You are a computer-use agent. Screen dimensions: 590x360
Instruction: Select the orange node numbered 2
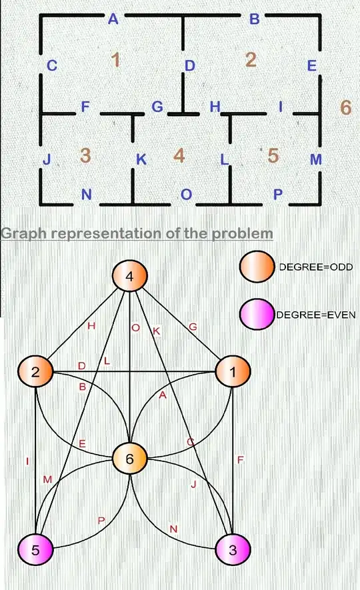coord(36,371)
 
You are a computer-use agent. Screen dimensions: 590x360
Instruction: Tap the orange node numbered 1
coord(232,371)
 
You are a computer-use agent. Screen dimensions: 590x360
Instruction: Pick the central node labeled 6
coord(129,458)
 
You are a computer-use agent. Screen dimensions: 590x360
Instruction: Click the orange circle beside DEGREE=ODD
coord(257,265)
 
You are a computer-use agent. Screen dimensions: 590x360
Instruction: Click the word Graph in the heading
coord(27,234)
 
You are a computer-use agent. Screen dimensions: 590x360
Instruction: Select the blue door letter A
coord(113,19)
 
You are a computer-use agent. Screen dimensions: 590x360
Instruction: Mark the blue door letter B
coord(254,19)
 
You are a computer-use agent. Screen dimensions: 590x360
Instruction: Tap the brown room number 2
coord(251,59)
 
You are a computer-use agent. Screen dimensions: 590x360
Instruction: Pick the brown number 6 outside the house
coord(345,107)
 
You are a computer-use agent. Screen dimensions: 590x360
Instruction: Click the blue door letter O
coord(187,194)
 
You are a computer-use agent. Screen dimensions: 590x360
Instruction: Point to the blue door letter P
coord(279,194)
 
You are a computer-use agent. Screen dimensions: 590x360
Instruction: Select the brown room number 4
coord(178,155)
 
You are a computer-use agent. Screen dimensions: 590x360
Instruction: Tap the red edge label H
coord(91,326)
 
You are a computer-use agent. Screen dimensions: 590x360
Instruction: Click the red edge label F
coord(240,459)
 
